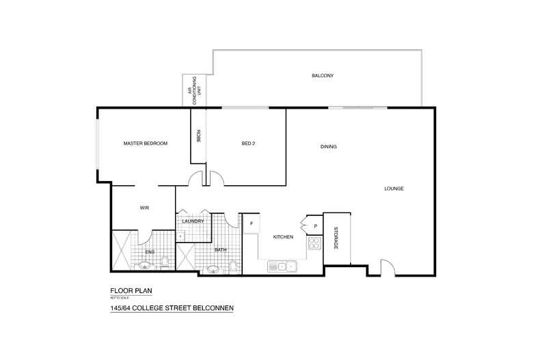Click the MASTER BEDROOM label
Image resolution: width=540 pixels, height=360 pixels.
click(145, 143)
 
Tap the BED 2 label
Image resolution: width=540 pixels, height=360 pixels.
click(248, 143)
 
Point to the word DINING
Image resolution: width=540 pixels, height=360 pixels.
click(329, 147)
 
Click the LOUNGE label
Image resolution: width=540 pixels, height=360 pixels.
click(394, 189)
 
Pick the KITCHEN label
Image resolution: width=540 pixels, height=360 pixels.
click(283, 237)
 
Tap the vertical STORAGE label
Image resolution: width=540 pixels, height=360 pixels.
click(336, 237)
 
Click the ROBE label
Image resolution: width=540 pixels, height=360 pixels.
click(198, 135)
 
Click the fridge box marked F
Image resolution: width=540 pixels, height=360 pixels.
click(252, 223)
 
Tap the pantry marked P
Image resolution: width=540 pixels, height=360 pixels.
click(315, 225)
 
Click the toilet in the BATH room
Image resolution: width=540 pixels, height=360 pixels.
click(233, 265)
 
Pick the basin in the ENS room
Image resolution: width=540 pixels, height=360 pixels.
click(144, 266)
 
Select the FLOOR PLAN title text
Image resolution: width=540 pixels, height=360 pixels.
click(131, 290)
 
